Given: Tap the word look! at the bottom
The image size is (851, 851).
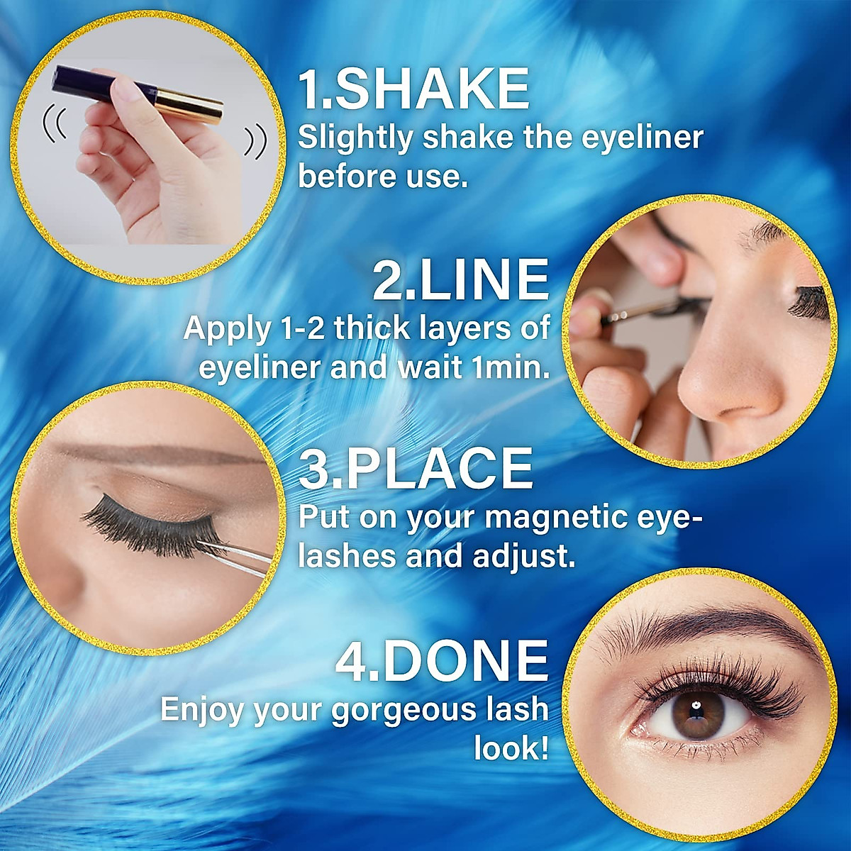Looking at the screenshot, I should [511, 748].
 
